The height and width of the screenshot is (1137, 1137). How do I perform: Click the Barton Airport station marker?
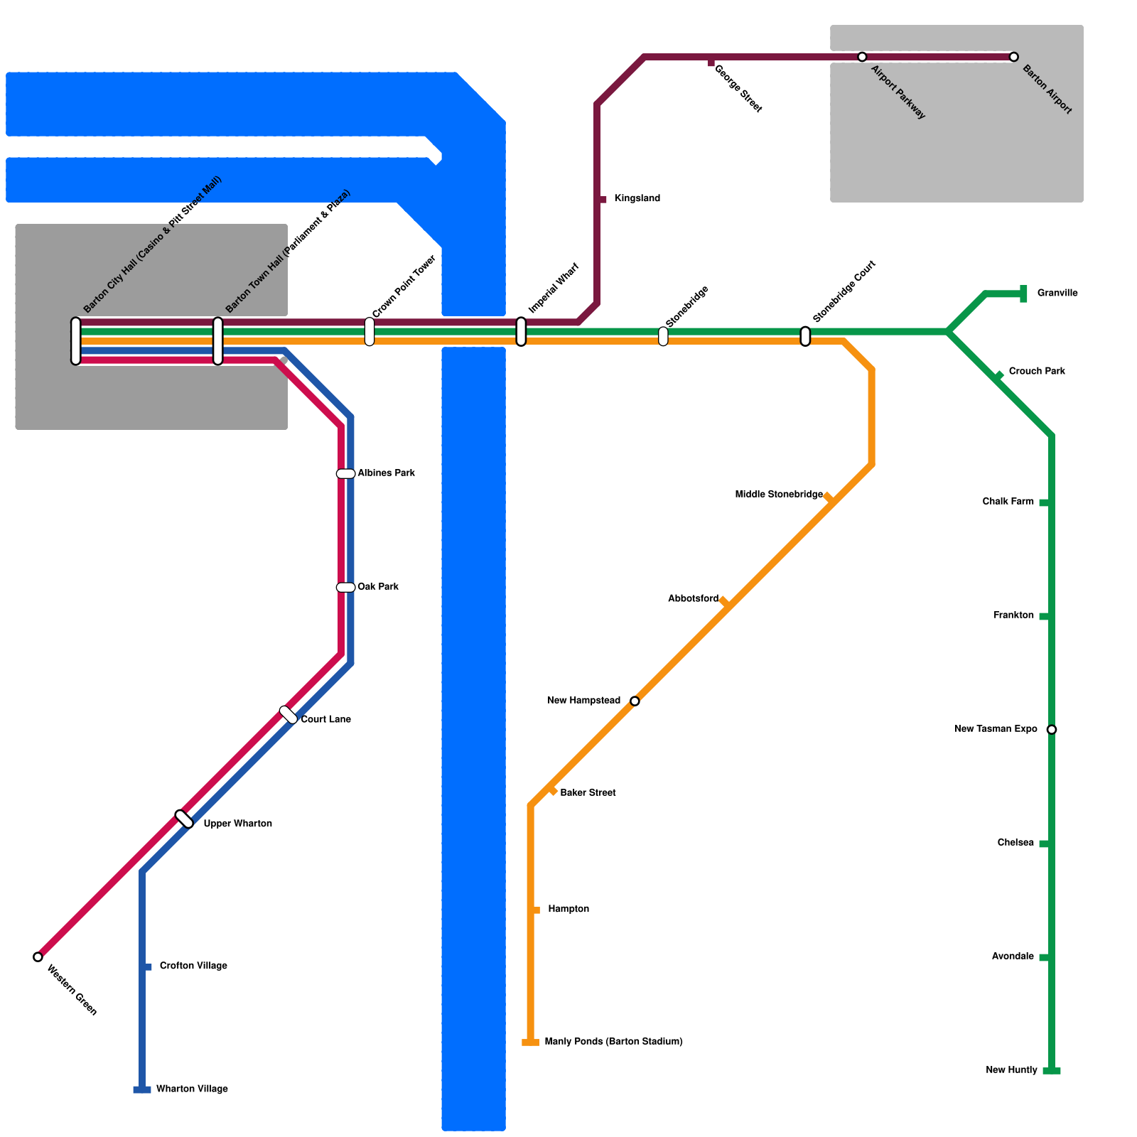click(1013, 57)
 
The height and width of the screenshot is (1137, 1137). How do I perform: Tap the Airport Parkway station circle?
click(862, 57)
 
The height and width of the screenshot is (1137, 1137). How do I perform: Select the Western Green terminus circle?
click(38, 957)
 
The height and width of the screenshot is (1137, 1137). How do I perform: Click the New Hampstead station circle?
click(635, 701)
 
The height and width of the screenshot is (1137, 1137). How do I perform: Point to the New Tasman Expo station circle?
click(1052, 729)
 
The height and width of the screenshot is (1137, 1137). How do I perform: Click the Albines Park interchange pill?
click(345, 474)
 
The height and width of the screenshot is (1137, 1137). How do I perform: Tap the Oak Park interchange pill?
click(345, 588)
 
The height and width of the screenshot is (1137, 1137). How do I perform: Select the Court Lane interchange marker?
click(289, 715)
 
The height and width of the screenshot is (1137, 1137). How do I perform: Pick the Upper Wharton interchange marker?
click(184, 819)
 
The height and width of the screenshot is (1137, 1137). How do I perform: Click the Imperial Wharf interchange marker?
click(521, 332)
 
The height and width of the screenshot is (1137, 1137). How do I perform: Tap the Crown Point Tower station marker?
click(370, 332)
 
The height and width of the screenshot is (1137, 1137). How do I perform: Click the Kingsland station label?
click(637, 198)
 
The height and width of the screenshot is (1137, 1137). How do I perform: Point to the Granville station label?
click(1057, 293)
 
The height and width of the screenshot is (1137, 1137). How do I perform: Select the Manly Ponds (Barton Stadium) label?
click(613, 1042)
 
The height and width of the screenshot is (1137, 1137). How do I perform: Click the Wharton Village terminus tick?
click(142, 1089)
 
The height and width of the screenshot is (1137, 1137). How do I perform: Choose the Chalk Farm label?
click(1008, 502)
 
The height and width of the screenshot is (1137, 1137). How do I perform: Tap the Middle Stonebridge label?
click(779, 495)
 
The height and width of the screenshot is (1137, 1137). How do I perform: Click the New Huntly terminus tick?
click(1052, 1071)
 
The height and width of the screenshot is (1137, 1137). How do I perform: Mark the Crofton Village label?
click(193, 966)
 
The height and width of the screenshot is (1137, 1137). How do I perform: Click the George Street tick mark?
click(711, 63)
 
